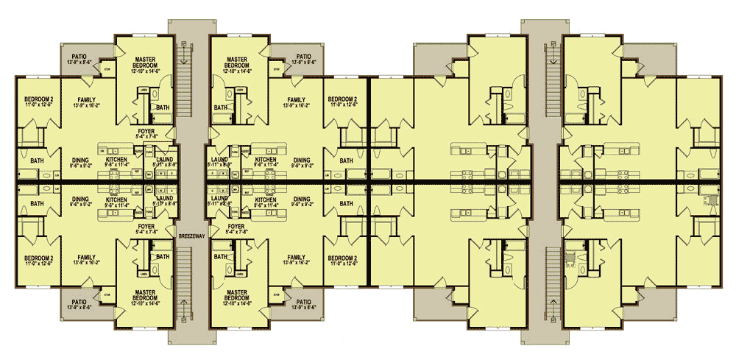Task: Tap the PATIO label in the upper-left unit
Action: point(79,56)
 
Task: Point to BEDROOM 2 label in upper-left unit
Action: point(31,99)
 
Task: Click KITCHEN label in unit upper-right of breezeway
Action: point(266,159)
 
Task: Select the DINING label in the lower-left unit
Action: point(81,198)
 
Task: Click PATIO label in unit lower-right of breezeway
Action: point(303,301)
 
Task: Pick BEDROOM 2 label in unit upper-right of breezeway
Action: point(342,99)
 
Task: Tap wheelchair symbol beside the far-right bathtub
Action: point(711,199)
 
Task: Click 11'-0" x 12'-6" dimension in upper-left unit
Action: point(31,105)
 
